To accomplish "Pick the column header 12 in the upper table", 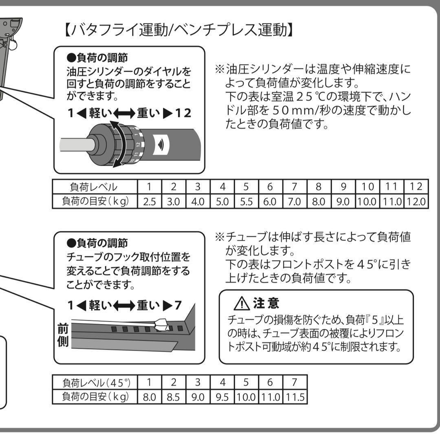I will pos(416,187).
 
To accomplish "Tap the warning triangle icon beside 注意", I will pos(242,304).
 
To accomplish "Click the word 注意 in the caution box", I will pos(266,303).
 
